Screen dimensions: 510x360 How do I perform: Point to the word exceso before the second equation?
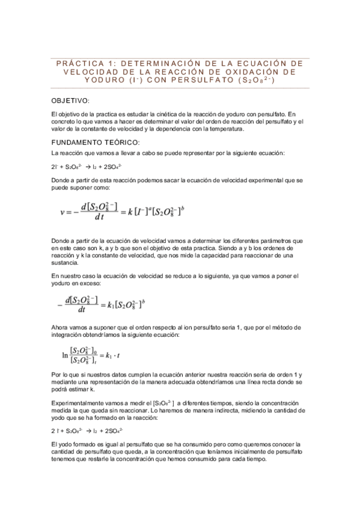coord(90,283)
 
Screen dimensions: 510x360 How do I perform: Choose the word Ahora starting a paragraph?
coord(61,327)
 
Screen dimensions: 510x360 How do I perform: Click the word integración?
coord(70,334)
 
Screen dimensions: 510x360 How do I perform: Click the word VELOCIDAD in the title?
coord(91,71)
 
